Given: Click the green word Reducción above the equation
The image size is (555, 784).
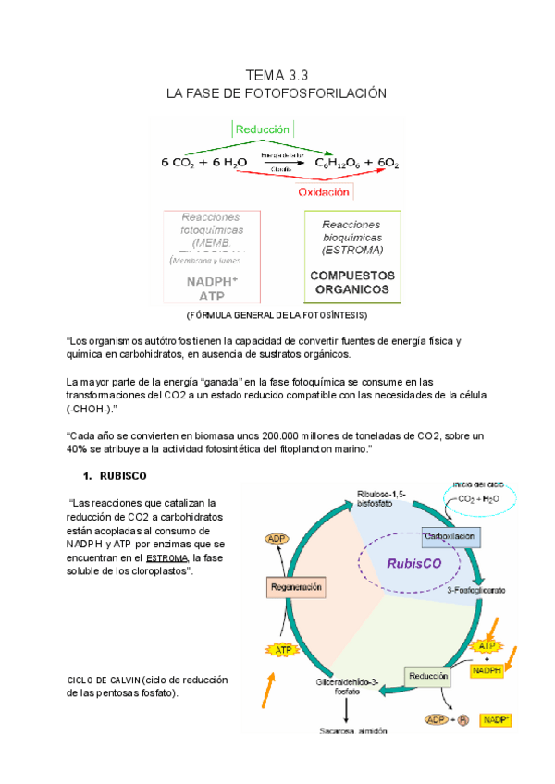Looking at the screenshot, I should point(263,130).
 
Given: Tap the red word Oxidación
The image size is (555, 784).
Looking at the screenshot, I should point(324,192).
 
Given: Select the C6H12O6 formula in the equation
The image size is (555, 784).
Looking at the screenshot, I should point(339,163).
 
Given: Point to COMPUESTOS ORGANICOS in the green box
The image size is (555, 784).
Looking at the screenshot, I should point(351,283).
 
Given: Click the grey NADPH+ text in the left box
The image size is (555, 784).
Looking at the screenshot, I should point(211,282).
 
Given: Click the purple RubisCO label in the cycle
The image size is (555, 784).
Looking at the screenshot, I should point(413,562).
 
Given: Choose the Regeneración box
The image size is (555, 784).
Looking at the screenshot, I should point(297,587).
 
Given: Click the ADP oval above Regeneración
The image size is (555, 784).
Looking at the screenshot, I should point(277,539).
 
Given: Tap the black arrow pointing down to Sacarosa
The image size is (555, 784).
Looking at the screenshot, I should point(346,709).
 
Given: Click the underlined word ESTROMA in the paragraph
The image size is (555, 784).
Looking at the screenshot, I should point(166,558).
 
